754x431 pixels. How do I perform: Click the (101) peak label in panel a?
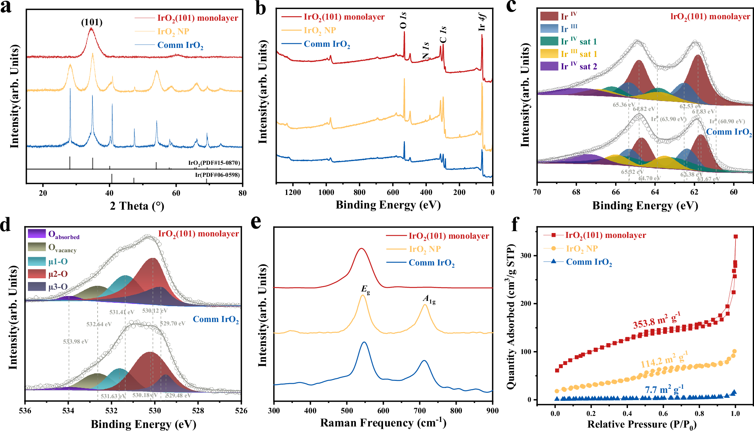[92, 22]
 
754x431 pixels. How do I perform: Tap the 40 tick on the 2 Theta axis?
[109, 193]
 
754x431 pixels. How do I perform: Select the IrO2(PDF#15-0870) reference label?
[214, 163]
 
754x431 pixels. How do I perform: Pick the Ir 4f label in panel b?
[482, 22]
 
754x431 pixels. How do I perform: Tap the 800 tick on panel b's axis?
[359, 192]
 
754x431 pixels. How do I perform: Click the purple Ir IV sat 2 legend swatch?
[549, 66]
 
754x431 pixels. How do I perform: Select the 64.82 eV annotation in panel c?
[644, 109]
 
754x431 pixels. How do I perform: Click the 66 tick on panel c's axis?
[616, 192]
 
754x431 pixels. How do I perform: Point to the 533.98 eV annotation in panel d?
[75, 342]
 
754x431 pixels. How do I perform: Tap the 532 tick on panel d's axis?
[111, 411]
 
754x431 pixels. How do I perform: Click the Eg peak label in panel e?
[365, 290]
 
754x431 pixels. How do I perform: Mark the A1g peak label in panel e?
[429, 299]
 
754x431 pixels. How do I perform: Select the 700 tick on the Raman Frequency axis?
[420, 411]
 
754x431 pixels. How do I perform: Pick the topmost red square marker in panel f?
[736, 236]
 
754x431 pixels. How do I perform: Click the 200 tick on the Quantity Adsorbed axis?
[526, 304]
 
